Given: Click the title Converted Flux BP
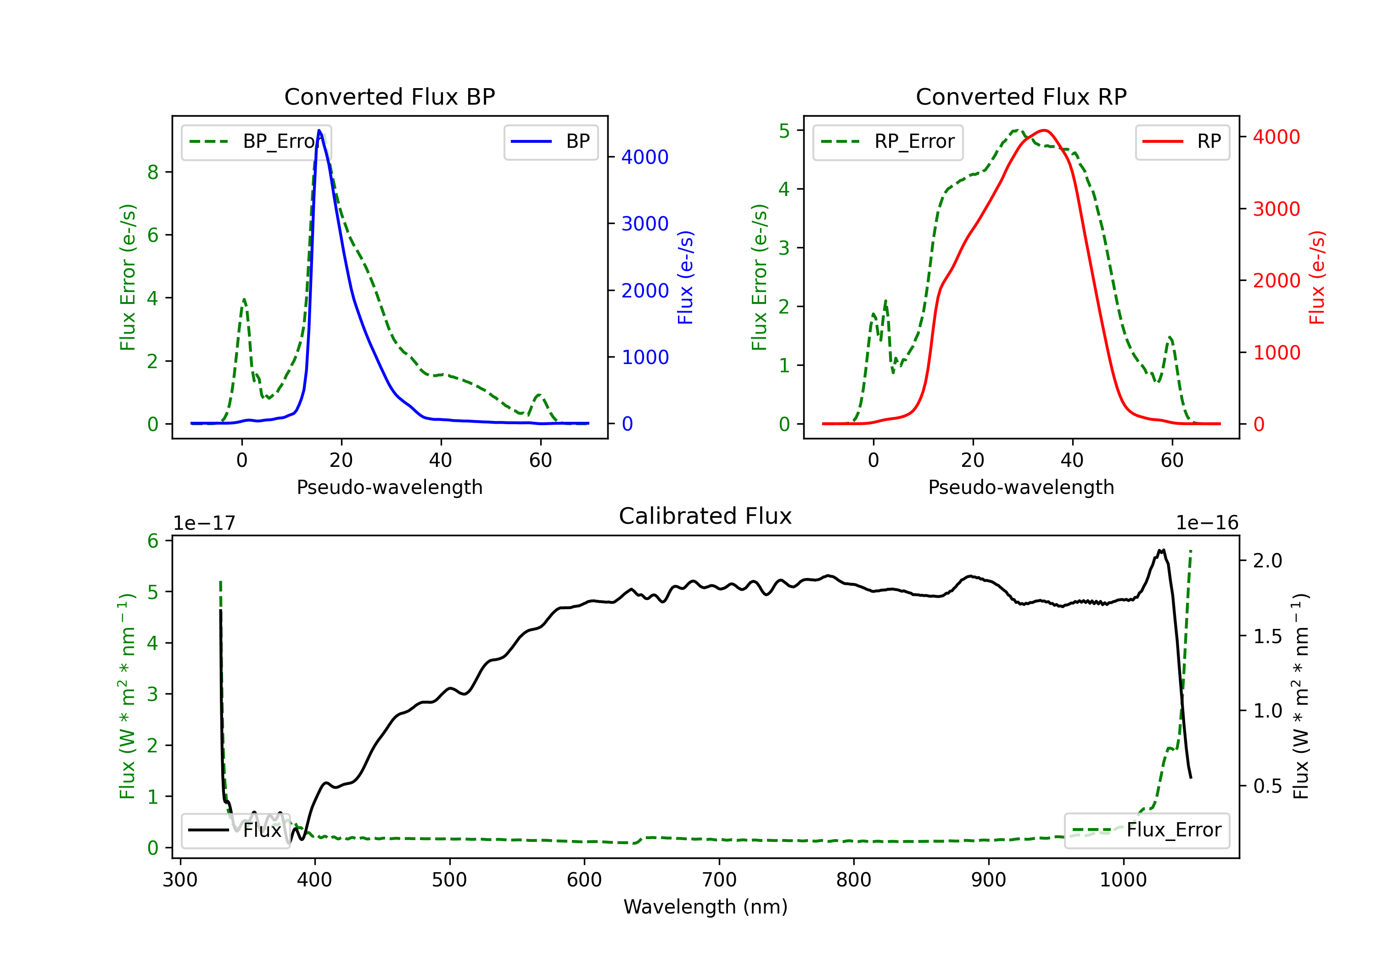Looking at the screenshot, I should [389, 96].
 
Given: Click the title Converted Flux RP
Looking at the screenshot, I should [1021, 96].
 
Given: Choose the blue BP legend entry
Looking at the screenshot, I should [550, 141].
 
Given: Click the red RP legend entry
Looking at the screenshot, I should [1182, 141].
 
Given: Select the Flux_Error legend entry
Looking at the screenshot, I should [1147, 830].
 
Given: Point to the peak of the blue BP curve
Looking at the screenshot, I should [319, 130].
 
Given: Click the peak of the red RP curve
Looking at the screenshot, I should [1044, 130].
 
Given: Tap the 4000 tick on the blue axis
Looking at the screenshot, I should [645, 157].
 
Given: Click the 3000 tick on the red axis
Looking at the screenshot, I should [1276, 209].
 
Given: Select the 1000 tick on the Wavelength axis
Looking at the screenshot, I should [1123, 880].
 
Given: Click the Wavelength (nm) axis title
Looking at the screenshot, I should [705, 907].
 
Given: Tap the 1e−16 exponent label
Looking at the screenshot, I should [1207, 523].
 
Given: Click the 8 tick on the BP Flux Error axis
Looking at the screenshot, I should [153, 172].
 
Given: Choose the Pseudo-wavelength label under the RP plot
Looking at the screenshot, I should [1021, 487].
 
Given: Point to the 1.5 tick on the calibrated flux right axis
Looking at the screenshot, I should [1267, 636].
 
